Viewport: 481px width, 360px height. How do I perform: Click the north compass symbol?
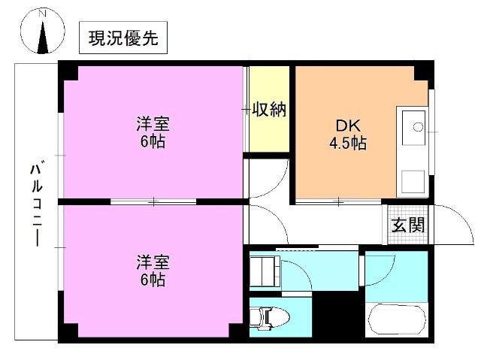[x=42, y=35]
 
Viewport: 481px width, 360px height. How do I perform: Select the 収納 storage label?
[x=268, y=110]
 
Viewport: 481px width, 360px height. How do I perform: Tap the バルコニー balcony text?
[x=35, y=203]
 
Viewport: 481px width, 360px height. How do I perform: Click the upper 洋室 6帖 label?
[x=152, y=132]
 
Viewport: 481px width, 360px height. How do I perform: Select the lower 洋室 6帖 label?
[x=152, y=271]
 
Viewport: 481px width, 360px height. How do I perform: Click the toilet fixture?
[x=266, y=319]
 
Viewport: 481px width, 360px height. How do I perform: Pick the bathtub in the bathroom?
[x=396, y=322]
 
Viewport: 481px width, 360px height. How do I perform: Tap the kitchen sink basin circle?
[x=416, y=126]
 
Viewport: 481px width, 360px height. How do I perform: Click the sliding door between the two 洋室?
[x=153, y=201]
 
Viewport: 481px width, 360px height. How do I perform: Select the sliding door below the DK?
[x=338, y=201]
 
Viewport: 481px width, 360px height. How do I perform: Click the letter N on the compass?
[x=42, y=14]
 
